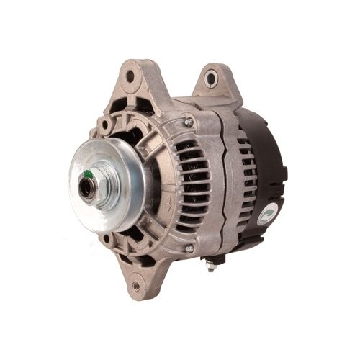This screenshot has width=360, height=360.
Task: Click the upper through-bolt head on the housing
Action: [189, 123]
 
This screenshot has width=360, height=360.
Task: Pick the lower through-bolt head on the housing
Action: [189, 249]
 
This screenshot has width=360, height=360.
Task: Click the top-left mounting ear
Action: [134, 79]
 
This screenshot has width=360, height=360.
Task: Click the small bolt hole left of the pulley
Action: [105, 123]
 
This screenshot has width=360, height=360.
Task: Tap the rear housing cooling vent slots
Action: [245, 180]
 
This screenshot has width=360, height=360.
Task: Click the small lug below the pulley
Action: [108, 238]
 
